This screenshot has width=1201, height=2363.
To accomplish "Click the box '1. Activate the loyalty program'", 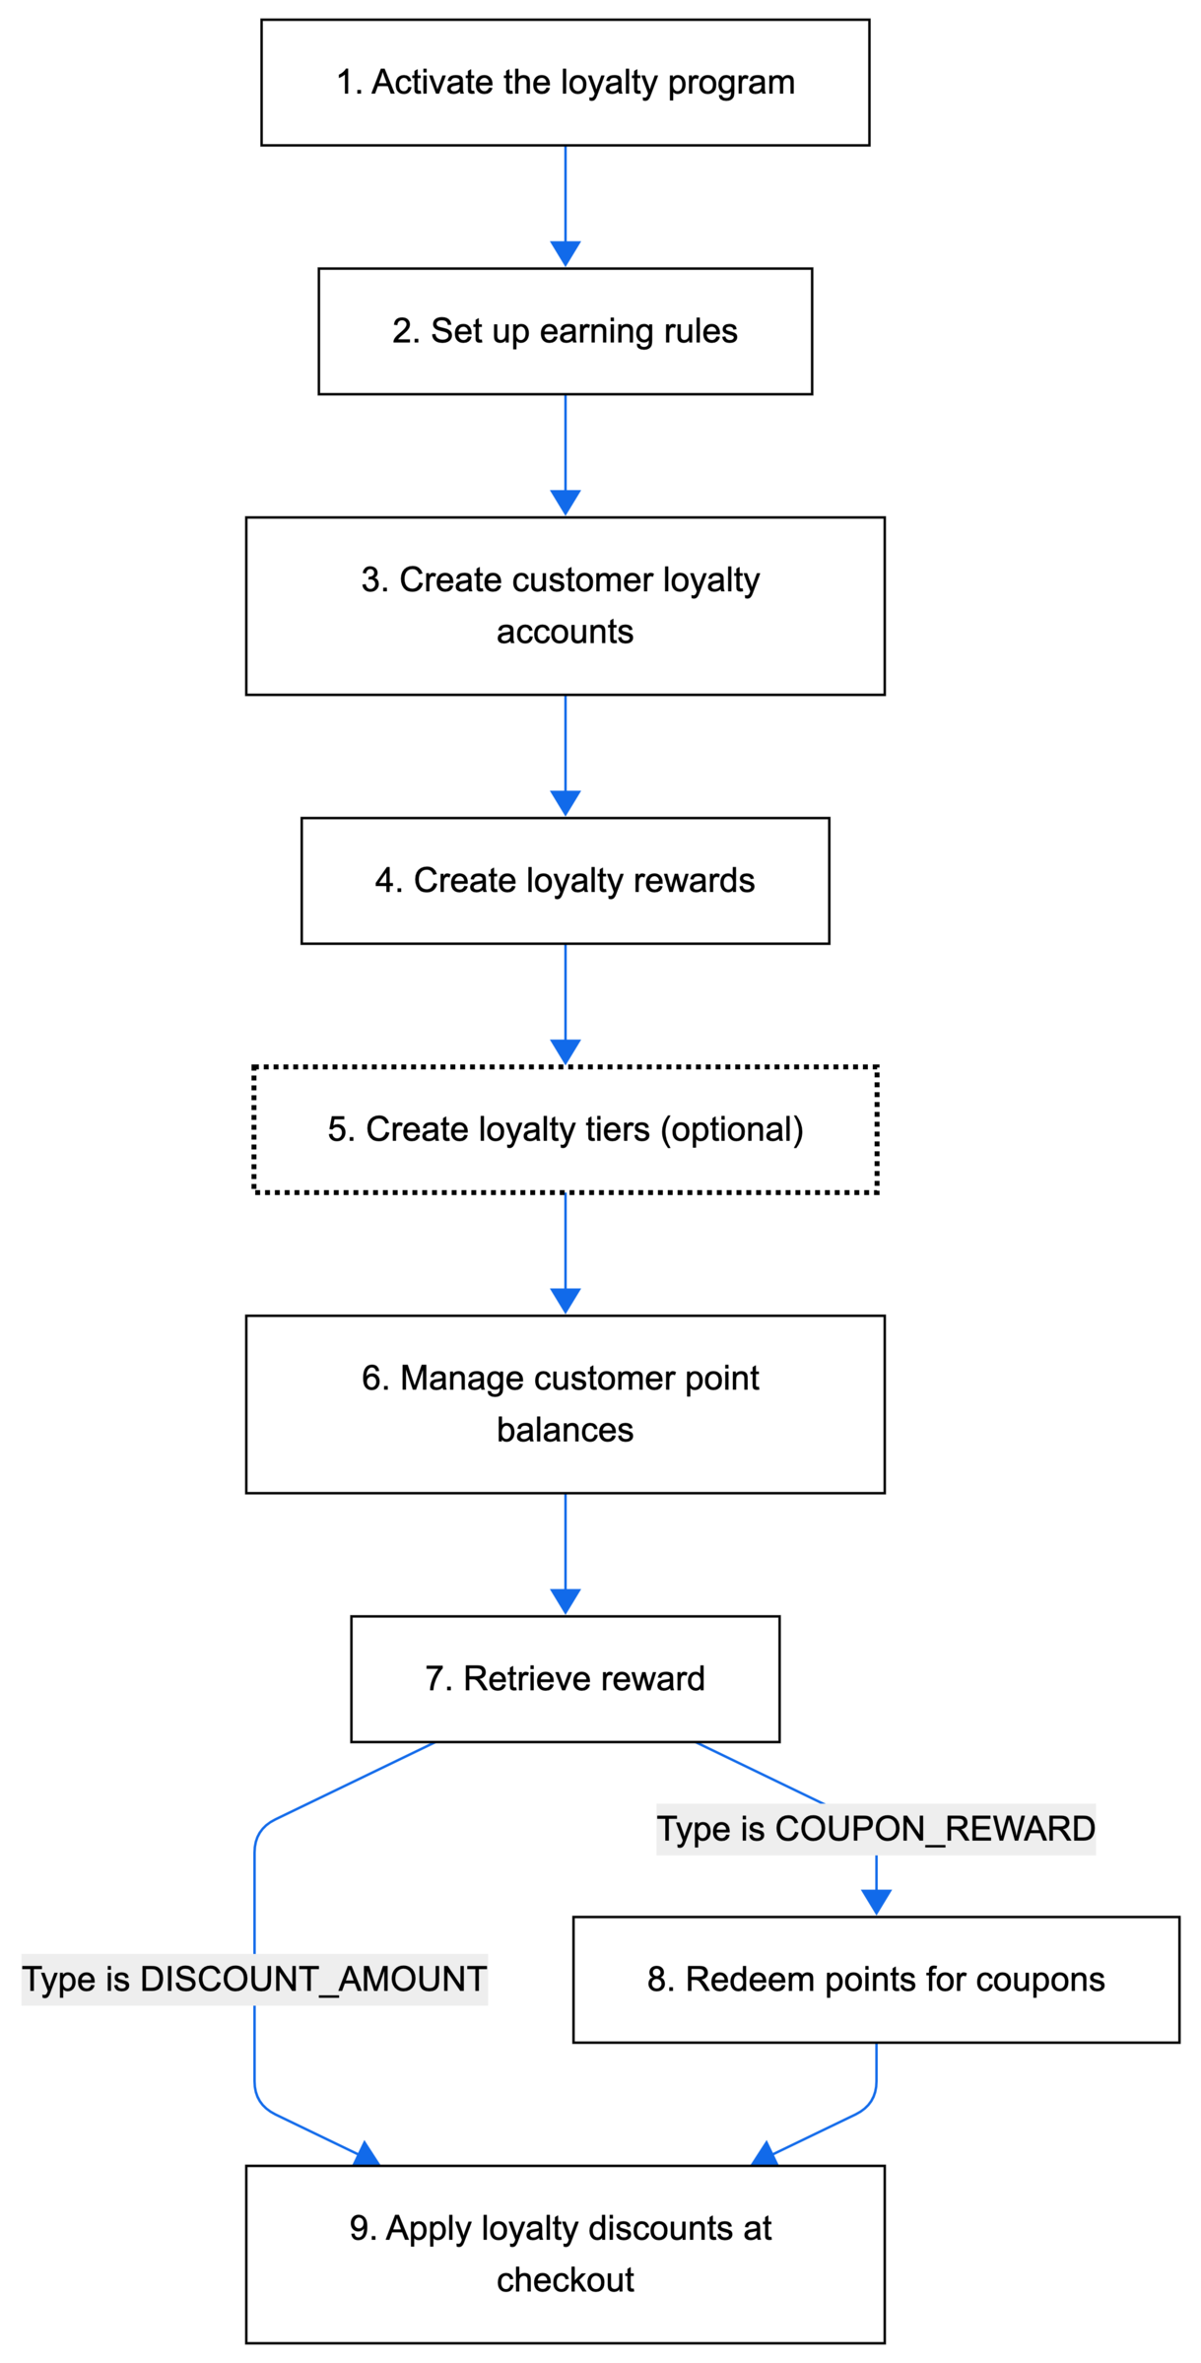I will (x=565, y=83).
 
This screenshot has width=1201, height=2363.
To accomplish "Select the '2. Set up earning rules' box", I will (x=565, y=331).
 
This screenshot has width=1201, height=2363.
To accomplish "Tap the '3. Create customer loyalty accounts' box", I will (x=565, y=605).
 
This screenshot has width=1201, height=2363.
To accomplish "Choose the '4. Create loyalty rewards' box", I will (x=565, y=880).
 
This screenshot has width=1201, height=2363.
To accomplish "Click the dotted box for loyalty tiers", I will (x=565, y=1129).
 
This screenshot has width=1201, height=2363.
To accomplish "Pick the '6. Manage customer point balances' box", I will (x=565, y=1403).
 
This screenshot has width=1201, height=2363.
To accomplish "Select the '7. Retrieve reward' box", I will (x=565, y=1678).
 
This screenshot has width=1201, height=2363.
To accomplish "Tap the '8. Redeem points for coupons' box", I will (x=875, y=1979).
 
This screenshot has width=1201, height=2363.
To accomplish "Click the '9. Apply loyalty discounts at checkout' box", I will (x=565, y=2255).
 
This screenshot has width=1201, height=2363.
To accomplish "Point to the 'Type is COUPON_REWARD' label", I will (x=875, y=1829).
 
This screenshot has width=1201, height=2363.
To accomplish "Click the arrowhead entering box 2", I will (x=565, y=253).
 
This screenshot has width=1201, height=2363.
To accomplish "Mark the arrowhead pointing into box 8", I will (x=875, y=1901).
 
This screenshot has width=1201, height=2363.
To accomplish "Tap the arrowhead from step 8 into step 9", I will (x=766, y=2154).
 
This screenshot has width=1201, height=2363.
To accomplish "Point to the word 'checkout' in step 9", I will (x=565, y=2280).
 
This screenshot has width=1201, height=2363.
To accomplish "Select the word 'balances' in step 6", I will (x=565, y=1430).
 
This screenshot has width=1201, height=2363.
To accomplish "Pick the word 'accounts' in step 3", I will (x=565, y=632).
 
